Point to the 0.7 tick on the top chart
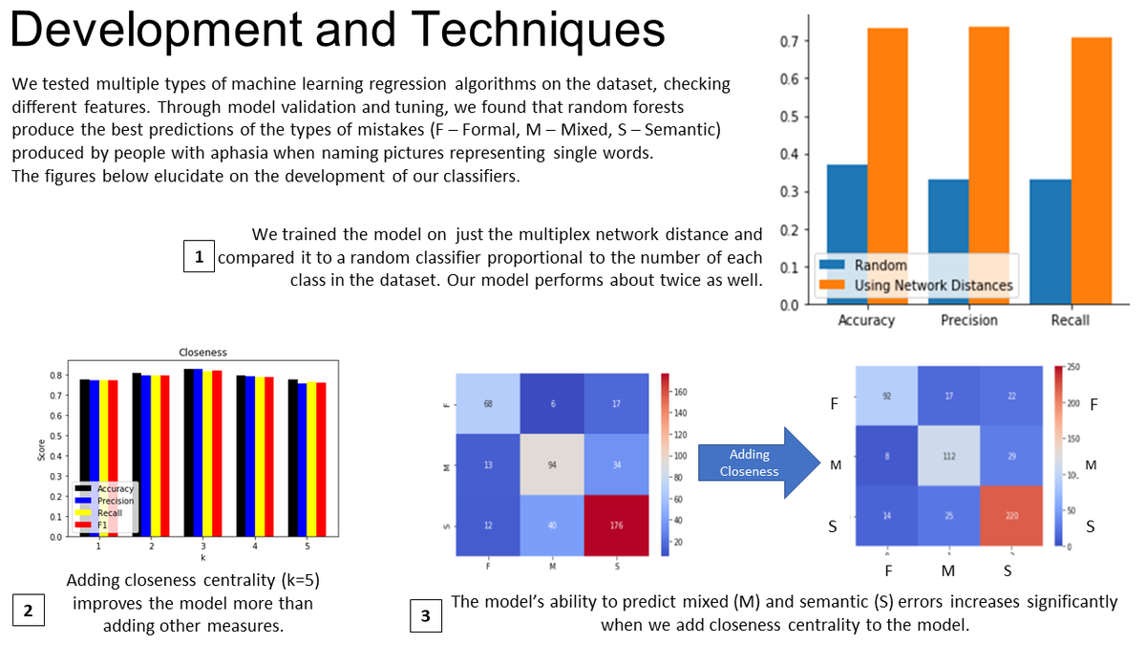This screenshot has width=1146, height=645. pos(788,41)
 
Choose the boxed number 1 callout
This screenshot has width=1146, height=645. pos(199,257)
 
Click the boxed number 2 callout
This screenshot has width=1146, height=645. pos(28,610)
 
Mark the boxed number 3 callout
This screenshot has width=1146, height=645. pos(425,616)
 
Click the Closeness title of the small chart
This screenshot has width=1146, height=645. pos(202,352)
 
